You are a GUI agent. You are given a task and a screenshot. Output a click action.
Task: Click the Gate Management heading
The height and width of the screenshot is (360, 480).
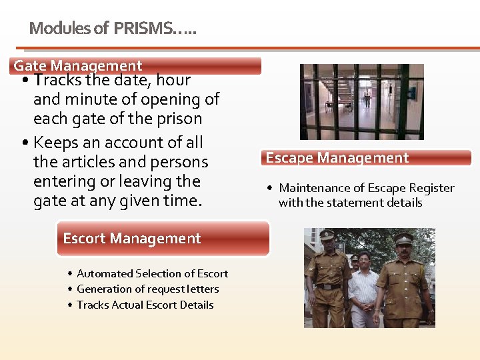click(x=78, y=65)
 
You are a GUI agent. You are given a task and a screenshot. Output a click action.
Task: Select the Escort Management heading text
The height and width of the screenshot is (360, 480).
click(x=131, y=238)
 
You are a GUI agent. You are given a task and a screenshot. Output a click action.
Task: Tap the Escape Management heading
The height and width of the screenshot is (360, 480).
click(x=337, y=158)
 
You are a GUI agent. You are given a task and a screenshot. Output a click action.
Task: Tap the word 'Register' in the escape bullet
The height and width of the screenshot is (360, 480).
click(x=431, y=188)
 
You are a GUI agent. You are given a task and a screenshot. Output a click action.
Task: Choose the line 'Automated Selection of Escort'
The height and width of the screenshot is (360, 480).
click(x=152, y=273)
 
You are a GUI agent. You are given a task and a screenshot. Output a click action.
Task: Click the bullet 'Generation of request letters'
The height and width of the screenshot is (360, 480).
click(x=147, y=289)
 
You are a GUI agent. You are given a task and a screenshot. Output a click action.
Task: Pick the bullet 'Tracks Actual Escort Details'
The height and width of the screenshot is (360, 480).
click(x=145, y=305)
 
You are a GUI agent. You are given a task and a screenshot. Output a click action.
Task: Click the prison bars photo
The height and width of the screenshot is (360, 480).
click(x=361, y=101)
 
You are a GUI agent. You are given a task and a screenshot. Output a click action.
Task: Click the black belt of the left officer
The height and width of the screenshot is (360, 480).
click(x=327, y=287)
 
